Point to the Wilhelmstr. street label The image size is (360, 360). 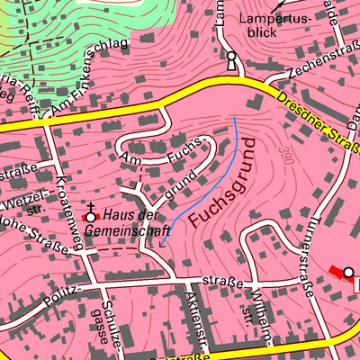[253, 307]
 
